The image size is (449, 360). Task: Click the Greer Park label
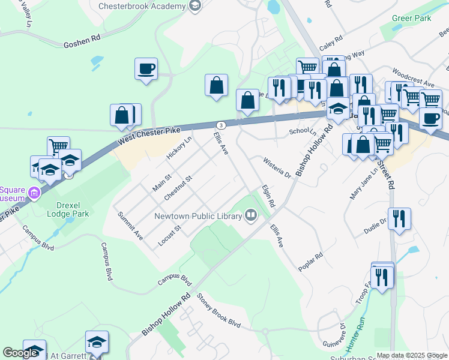[412, 19]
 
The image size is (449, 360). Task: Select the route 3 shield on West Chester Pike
[221, 125]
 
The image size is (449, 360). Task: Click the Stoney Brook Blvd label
[218, 317]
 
